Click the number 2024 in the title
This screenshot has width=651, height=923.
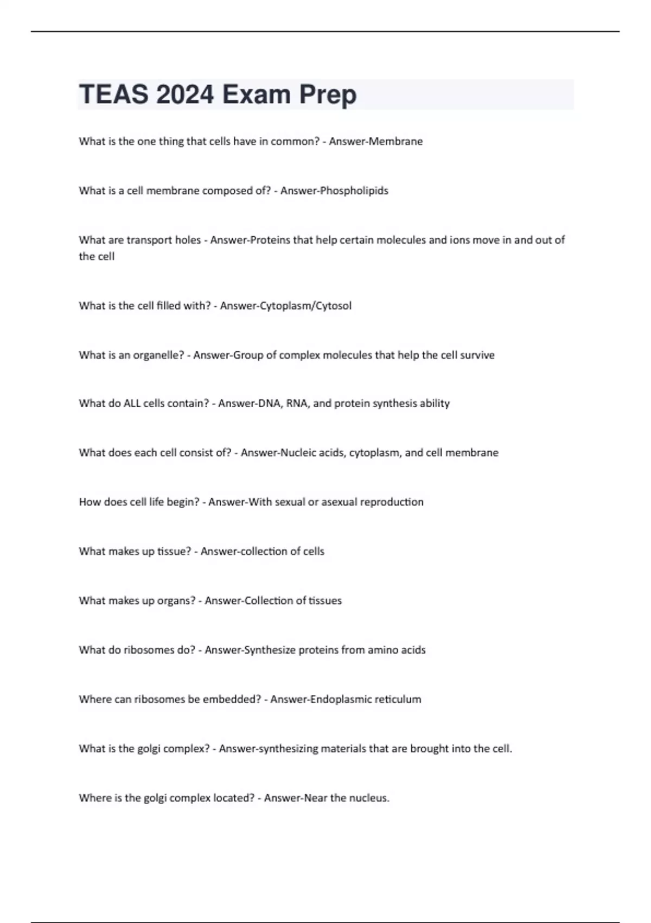coord(185,94)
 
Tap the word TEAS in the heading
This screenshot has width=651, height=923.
coord(113,94)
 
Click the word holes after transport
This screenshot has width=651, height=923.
coord(188,240)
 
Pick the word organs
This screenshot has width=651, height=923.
coord(176,601)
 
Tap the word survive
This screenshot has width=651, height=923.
coord(477,355)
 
